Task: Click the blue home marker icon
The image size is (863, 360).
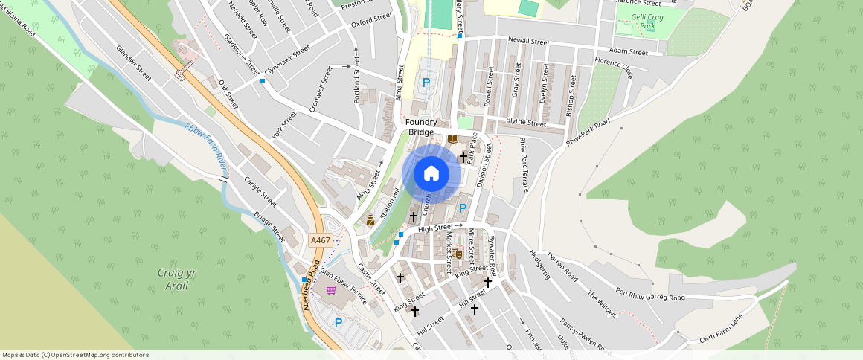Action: click(x=431, y=174)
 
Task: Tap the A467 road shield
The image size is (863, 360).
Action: click(x=321, y=240)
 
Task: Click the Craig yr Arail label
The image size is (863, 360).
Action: click(x=176, y=278)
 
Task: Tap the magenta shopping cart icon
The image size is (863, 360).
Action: click(x=330, y=289)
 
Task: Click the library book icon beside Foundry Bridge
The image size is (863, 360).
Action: click(x=453, y=139)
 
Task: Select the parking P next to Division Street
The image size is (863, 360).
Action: click(x=463, y=208)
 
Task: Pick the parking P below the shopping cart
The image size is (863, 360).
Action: click(x=339, y=323)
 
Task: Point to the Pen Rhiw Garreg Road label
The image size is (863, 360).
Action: click(x=649, y=294)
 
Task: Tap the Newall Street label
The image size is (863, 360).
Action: click(x=528, y=42)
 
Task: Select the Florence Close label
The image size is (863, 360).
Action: click(x=613, y=66)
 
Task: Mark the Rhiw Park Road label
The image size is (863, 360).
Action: click(x=588, y=132)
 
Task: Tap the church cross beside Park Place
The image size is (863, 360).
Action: click(x=463, y=157)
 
